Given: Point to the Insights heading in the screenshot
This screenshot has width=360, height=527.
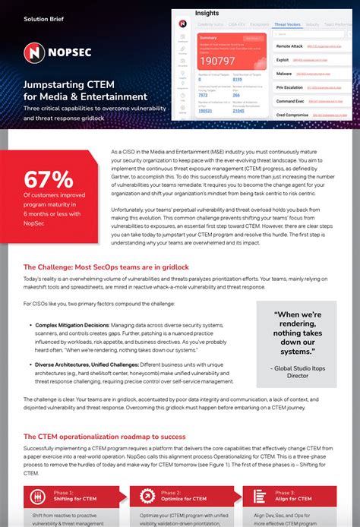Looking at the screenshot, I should click(x=207, y=13).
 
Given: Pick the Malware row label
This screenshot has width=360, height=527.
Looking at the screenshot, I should click(x=286, y=74).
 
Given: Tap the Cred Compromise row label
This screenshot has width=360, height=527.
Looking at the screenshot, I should click(x=292, y=114).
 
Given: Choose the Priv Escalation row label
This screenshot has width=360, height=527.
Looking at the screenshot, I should click(x=290, y=87).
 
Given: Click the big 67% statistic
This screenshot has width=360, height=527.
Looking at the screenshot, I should click(x=49, y=180).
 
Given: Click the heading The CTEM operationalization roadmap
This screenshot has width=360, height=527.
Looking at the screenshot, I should click(x=104, y=437).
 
